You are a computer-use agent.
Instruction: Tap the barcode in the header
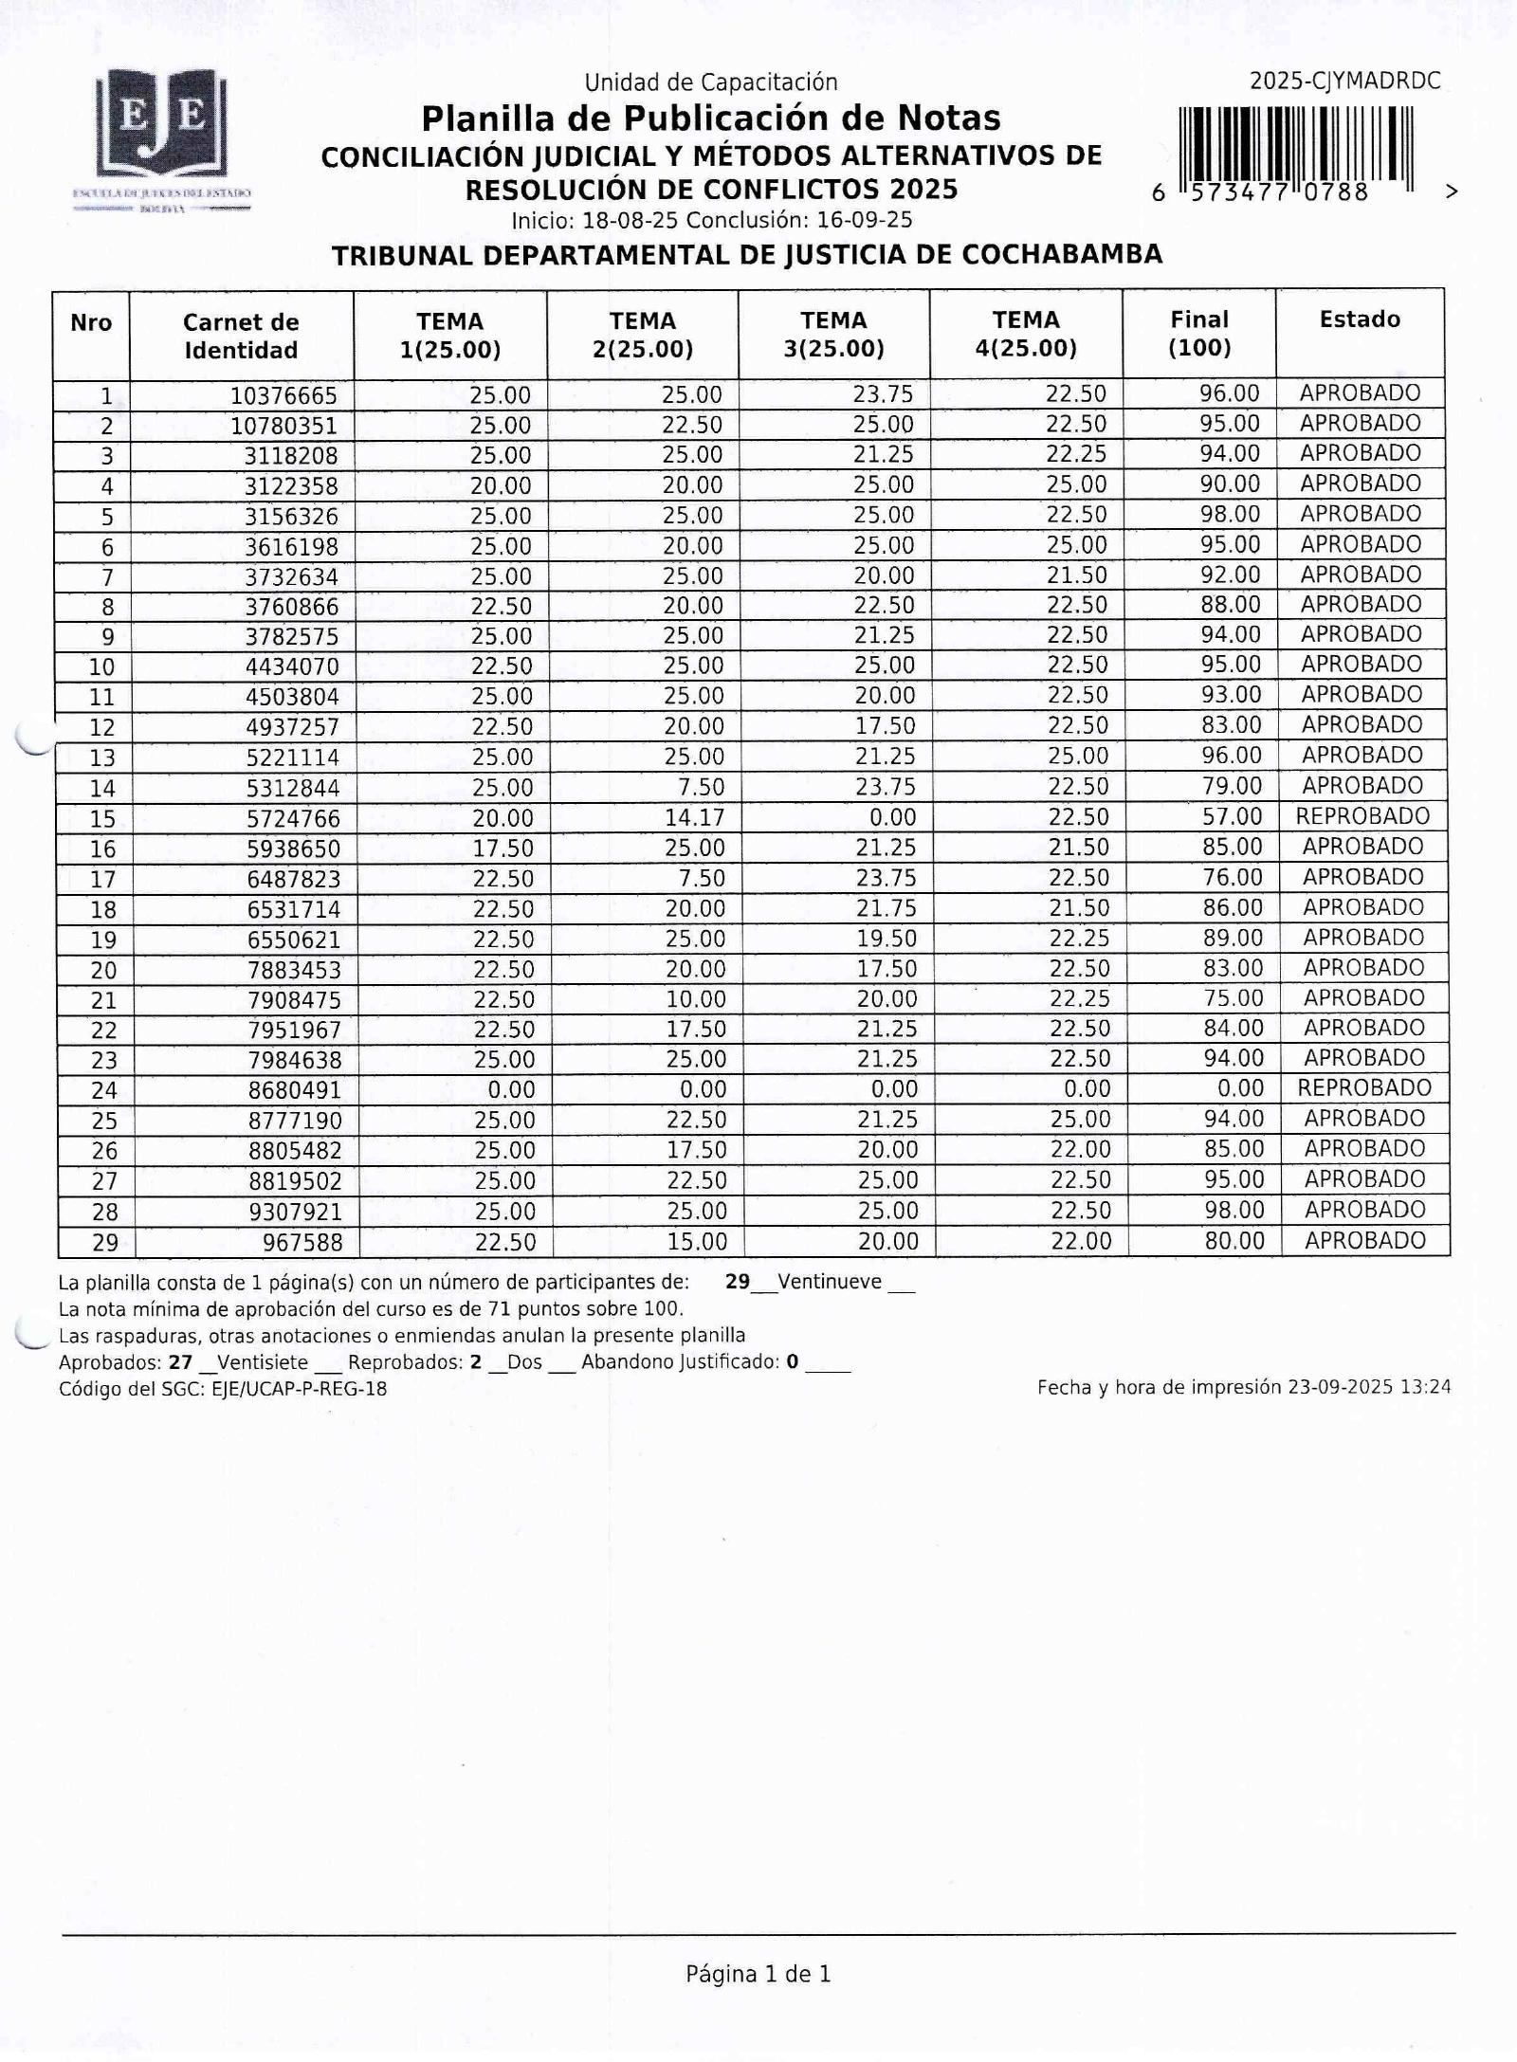point(1295,144)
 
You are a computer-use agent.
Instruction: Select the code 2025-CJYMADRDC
point(1344,82)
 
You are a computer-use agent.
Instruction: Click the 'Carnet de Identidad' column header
point(241,336)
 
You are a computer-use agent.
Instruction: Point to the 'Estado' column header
point(1359,319)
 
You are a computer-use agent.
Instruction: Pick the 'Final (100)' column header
point(1198,333)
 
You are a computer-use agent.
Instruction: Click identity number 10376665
point(283,395)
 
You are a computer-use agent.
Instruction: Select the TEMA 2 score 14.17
point(694,817)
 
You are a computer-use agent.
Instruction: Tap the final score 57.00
point(1232,816)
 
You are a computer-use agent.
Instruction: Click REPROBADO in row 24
point(1363,1087)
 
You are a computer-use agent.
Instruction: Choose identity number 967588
point(302,1242)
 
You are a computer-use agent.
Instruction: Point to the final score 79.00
point(1232,786)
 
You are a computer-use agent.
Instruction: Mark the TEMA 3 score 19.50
point(886,939)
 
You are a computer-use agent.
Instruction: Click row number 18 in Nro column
point(102,910)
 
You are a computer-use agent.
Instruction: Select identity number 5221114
point(292,757)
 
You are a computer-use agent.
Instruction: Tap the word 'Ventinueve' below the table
point(829,1282)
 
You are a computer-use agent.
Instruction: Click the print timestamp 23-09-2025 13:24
point(1368,1387)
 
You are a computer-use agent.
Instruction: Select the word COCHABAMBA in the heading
point(1062,255)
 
